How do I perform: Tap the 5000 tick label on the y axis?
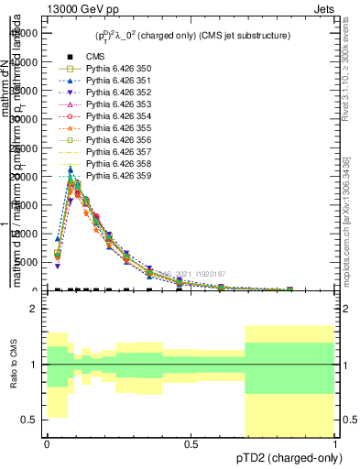(x=26, y=262)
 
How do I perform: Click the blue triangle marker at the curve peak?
(x=71, y=169)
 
